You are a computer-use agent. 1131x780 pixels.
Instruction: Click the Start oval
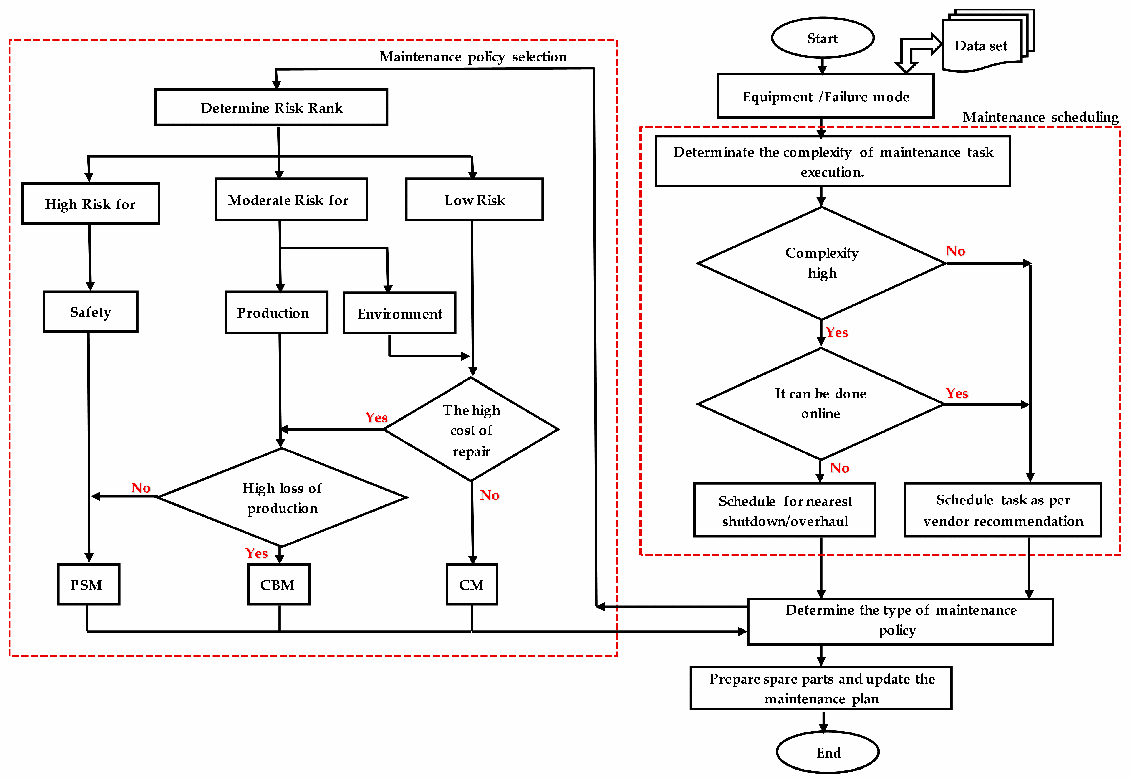pyautogui.click(x=822, y=38)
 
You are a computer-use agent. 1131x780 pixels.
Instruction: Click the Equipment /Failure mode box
pyautogui.click(x=826, y=96)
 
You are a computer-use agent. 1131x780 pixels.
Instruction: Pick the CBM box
pyautogui.click(x=278, y=585)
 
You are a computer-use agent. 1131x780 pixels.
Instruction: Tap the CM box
pyautogui.click(x=472, y=585)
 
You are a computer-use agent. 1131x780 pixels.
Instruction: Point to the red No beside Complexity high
pyautogui.click(x=955, y=251)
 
